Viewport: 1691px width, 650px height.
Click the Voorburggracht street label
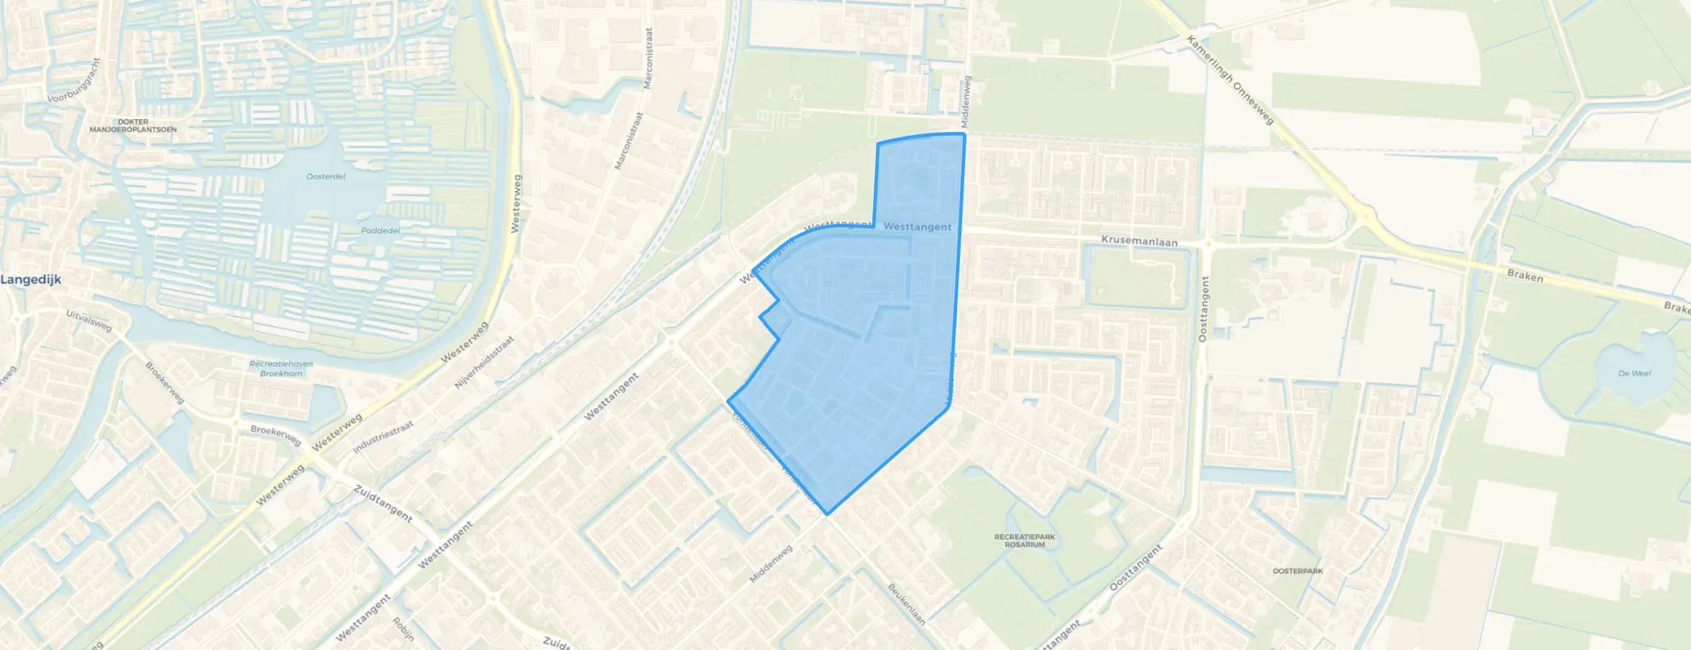(74, 81)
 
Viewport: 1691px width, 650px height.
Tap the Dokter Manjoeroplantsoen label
(133, 126)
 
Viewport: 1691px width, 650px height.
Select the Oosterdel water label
(326, 177)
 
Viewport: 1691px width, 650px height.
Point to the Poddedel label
(380, 230)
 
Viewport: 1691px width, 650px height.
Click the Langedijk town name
(31, 280)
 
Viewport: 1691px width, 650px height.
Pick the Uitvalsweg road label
(89, 321)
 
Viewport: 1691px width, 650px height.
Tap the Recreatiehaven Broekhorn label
(281, 369)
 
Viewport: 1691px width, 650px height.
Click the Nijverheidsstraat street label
(484, 362)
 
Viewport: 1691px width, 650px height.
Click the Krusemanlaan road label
(1139, 242)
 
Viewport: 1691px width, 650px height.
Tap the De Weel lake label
(1634, 373)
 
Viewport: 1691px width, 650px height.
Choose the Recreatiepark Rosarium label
(1024, 540)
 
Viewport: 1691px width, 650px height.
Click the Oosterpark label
(1297, 571)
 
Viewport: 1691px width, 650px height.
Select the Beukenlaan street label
(907, 604)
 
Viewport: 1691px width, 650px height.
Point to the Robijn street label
(403, 629)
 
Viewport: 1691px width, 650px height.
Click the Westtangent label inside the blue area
(917, 227)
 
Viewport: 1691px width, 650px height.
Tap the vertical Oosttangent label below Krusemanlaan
(1204, 309)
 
